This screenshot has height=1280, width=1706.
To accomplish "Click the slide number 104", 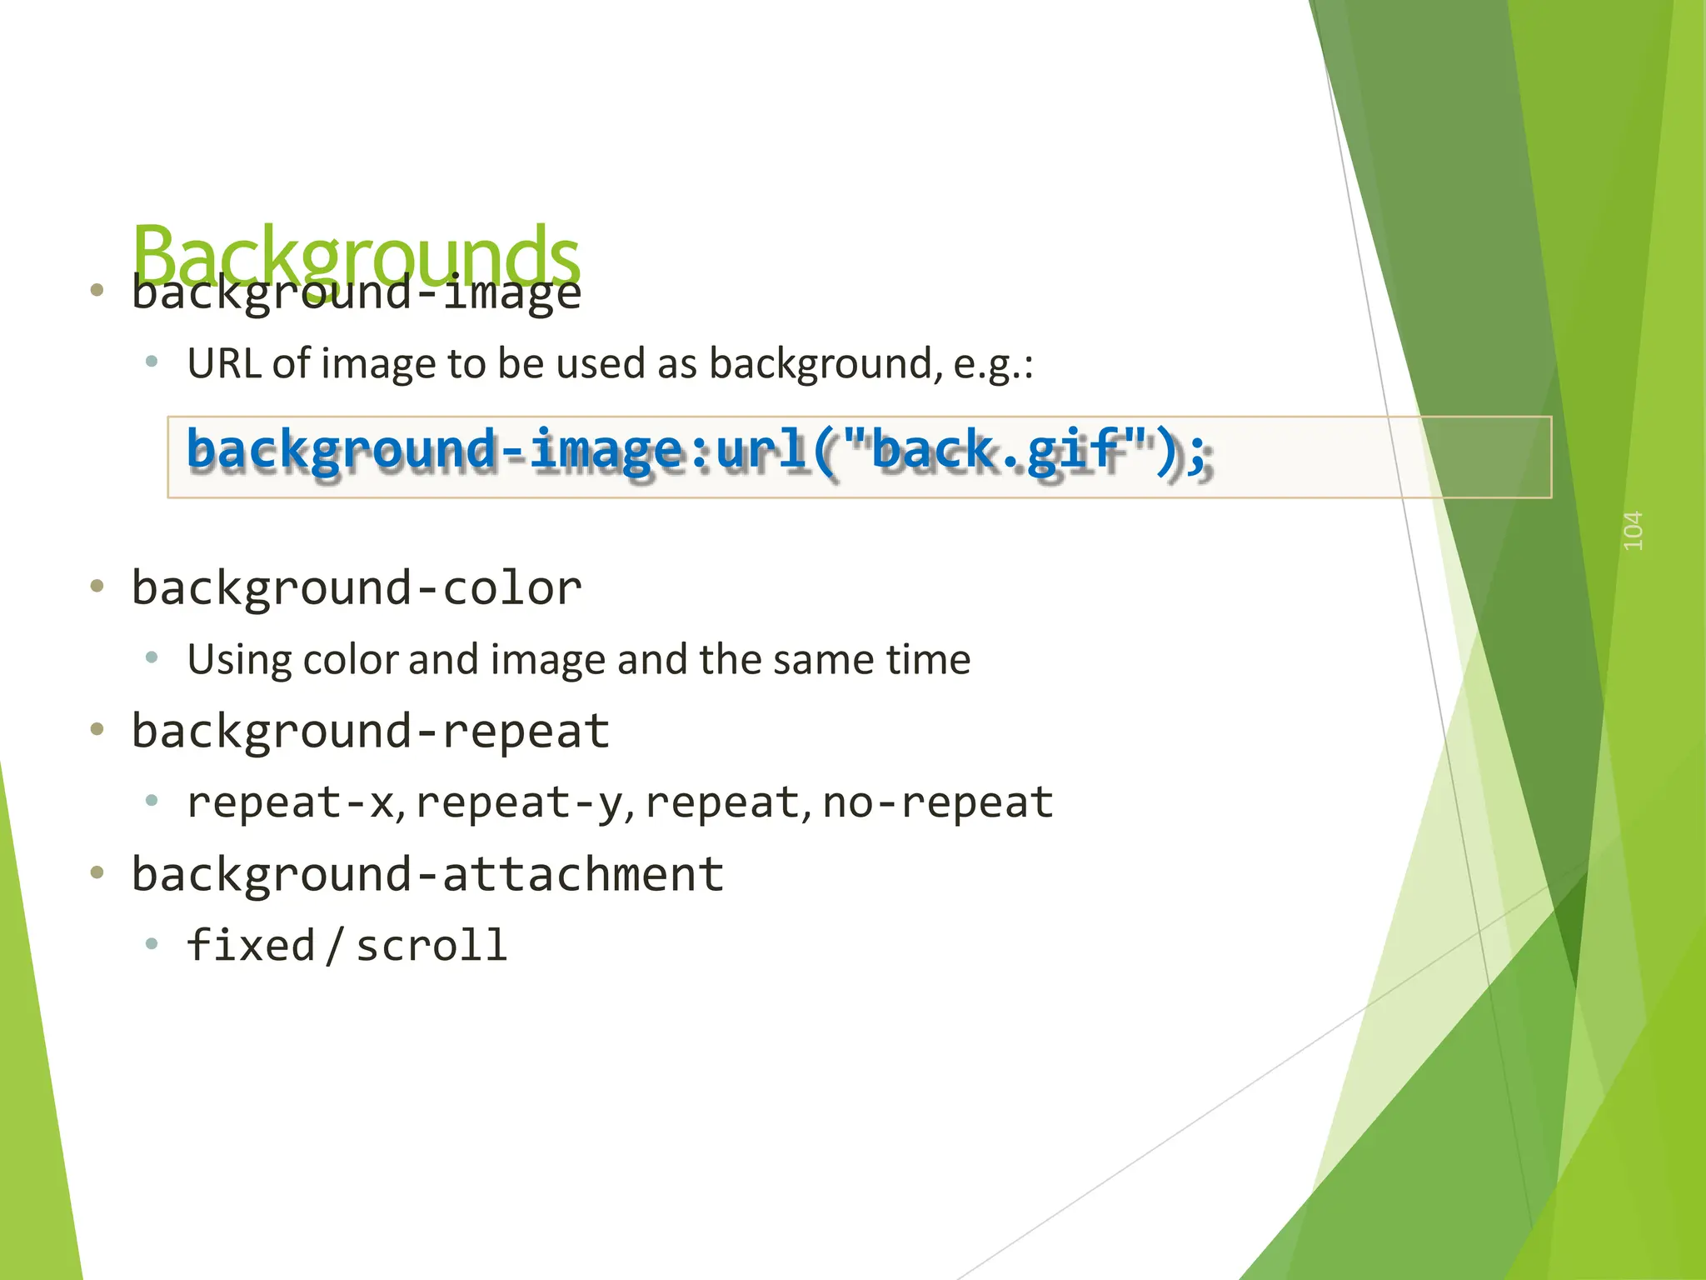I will (1633, 531).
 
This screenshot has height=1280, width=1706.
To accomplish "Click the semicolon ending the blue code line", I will (1198, 454).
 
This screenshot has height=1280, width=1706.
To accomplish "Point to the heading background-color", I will (357, 588).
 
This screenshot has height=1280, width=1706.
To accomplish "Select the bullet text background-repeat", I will (371, 732).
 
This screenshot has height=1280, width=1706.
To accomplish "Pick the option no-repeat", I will (937, 802).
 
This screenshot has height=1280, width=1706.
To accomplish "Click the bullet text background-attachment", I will (427, 875).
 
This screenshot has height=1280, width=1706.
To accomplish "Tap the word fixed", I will (251, 946).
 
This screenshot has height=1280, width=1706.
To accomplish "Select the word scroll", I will (431, 946).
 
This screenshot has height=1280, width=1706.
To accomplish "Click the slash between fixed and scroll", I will (335, 946).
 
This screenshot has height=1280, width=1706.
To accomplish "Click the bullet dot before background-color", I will (97, 587).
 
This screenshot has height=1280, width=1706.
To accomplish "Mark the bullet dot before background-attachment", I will (97, 872).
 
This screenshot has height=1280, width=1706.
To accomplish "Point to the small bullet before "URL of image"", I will (152, 362).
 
